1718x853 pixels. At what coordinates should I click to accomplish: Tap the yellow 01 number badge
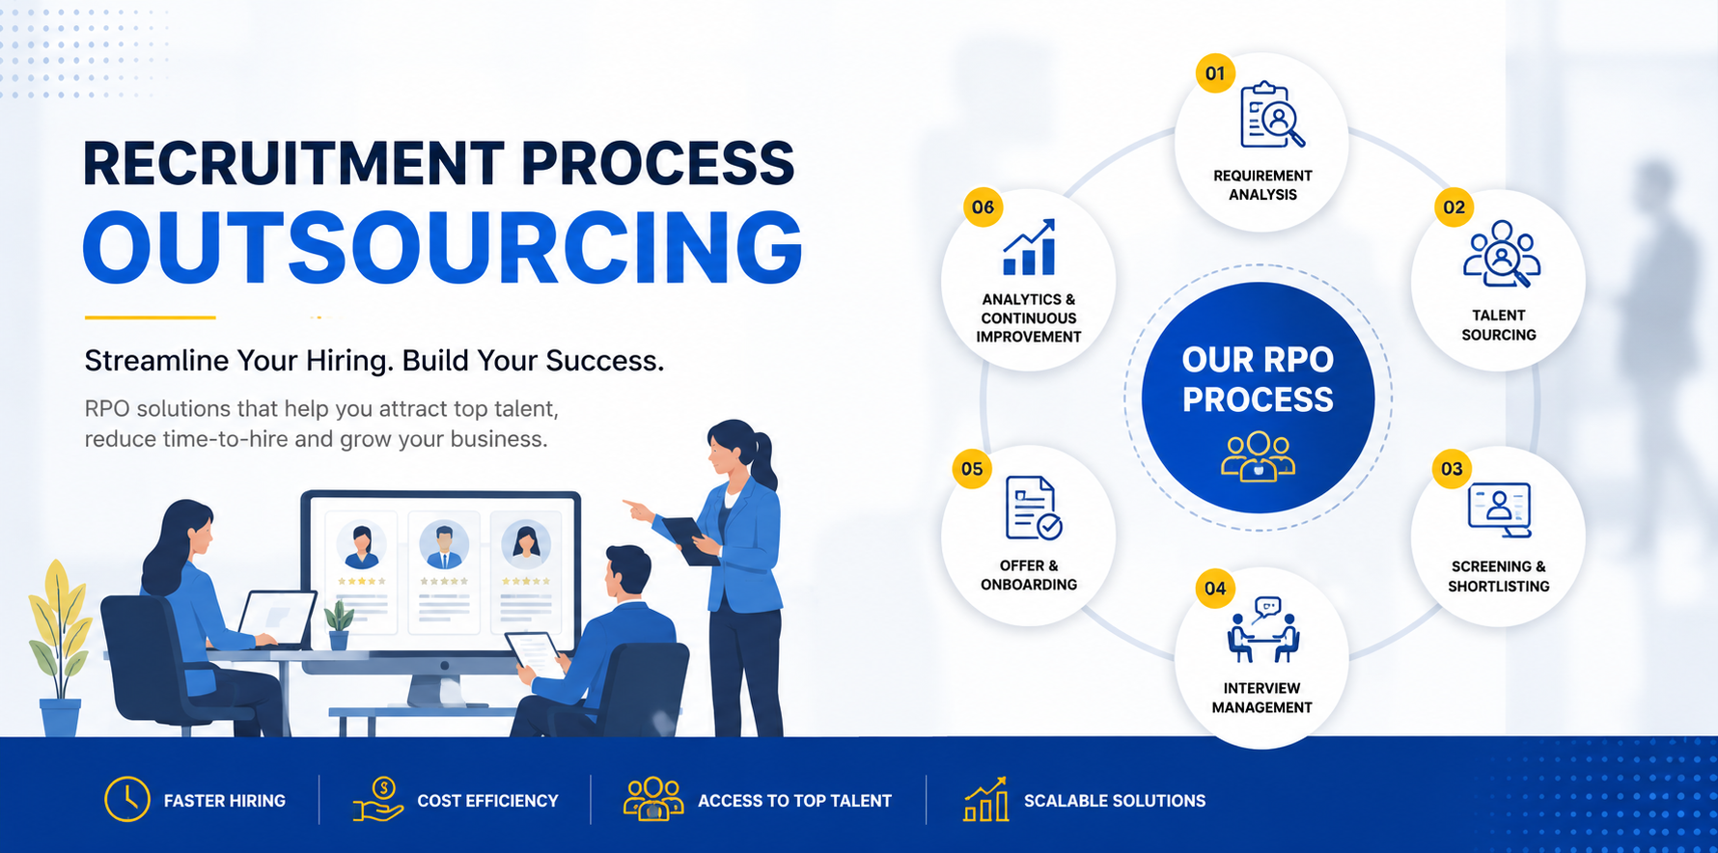tap(1215, 73)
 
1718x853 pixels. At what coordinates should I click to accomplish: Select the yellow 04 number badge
tap(1215, 589)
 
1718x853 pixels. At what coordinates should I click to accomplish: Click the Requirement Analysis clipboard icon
tap(1272, 115)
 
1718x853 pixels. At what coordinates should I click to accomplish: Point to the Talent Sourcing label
tap(1498, 325)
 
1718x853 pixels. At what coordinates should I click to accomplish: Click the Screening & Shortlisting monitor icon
tap(1499, 509)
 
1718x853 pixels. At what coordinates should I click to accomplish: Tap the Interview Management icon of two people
tap(1263, 630)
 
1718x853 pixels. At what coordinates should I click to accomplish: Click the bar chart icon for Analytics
tap(1029, 247)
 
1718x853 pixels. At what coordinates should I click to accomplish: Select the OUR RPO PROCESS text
tap(1258, 379)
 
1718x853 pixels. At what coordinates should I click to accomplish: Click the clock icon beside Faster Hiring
tap(127, 799)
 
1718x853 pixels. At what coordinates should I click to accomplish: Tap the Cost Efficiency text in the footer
tap(487, 801)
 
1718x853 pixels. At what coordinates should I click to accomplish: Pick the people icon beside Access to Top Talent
tap(653, 799)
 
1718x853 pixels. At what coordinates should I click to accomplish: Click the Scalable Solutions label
tap(1115, 801)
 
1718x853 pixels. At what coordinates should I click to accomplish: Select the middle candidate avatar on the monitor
tap(444, 544)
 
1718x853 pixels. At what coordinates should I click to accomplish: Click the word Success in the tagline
tap(605, 361)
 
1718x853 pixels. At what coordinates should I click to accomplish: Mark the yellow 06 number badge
tap(984, 207)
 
